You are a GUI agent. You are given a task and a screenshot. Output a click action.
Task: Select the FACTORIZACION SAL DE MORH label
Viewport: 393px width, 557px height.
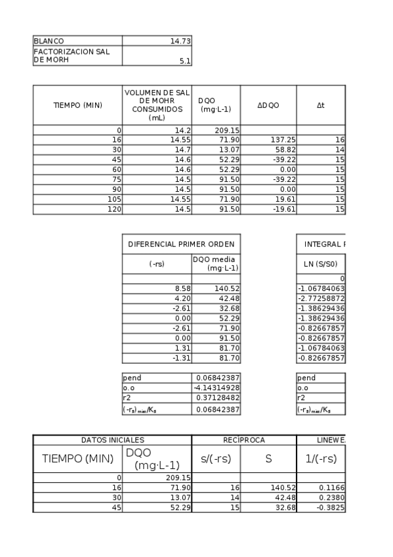72,56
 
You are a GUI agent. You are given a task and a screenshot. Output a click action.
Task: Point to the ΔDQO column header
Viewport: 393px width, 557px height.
268,105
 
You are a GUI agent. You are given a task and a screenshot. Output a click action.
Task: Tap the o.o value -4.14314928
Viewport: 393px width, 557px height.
216,388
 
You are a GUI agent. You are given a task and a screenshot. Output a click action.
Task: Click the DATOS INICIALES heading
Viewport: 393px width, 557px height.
112,440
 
